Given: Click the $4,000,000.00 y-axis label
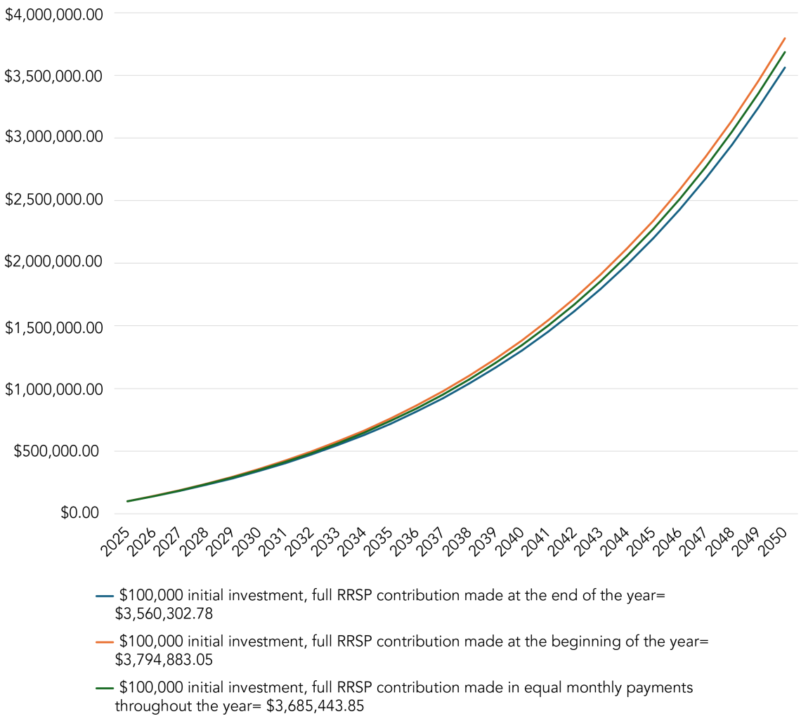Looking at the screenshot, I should pos(53,13).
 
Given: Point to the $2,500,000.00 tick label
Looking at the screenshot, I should pos(53,201).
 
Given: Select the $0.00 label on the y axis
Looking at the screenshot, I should pos(79,514).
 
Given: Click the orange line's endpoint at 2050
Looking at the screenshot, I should pos(785,38).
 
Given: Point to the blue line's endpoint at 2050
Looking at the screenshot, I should pos(785,67).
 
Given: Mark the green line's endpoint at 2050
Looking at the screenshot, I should pos(785,51).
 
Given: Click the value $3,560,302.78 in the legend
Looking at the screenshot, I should pos(164,613).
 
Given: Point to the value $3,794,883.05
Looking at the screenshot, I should pos(164,659).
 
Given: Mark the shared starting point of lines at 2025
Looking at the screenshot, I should pos(127,501).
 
